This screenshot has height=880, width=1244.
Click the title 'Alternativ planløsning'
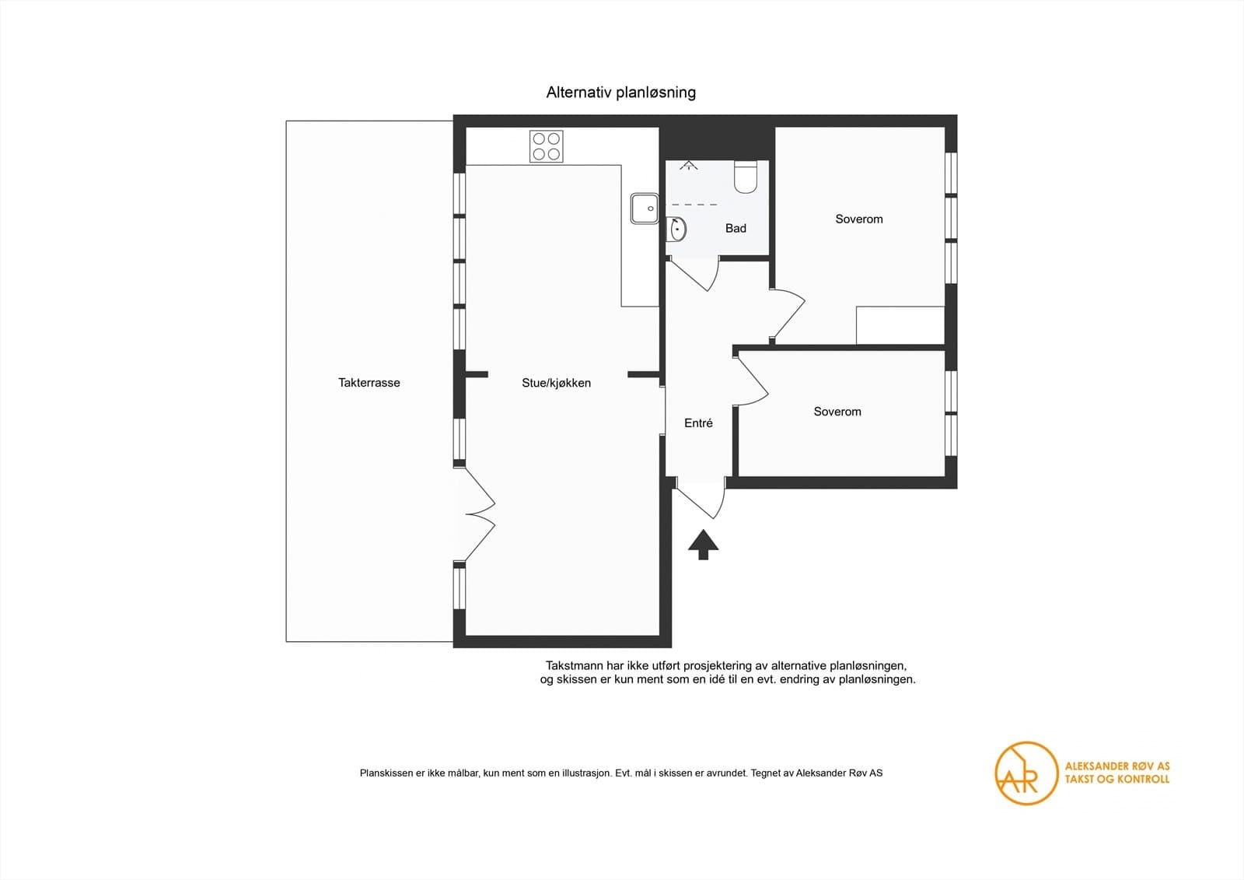click(x=621, y=93)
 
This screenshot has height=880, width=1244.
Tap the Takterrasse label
click(x=369, y=383)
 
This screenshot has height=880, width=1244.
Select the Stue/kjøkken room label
click(x=556, y=383)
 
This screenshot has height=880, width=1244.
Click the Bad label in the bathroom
click(x=736, y=228)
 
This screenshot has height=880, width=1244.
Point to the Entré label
click(x=698, y=423)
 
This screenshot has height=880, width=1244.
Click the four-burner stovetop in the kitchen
click(x=546, y=146)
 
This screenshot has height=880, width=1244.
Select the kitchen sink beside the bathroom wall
click(x=645, y=209)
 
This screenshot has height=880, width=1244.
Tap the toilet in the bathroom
click(x=746, y=177)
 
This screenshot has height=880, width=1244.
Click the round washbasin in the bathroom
click(x=676, y=229)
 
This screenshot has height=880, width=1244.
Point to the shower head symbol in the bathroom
click(x=689, y=164)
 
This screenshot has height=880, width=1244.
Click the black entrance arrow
click(x=703, y=544)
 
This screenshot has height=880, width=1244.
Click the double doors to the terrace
click(x=480, y=514)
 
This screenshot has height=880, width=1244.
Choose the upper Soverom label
click(x=858, y=219)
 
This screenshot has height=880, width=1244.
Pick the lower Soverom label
click(x=837, y=412)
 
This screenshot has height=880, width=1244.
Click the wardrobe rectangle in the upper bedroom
click(x=900, y=325)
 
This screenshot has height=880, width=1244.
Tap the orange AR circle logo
click(x=1026, y=773)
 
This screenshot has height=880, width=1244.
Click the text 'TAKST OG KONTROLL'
click(x=1116, y=780)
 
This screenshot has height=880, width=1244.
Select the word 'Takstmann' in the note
click(x=571, y=665)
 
